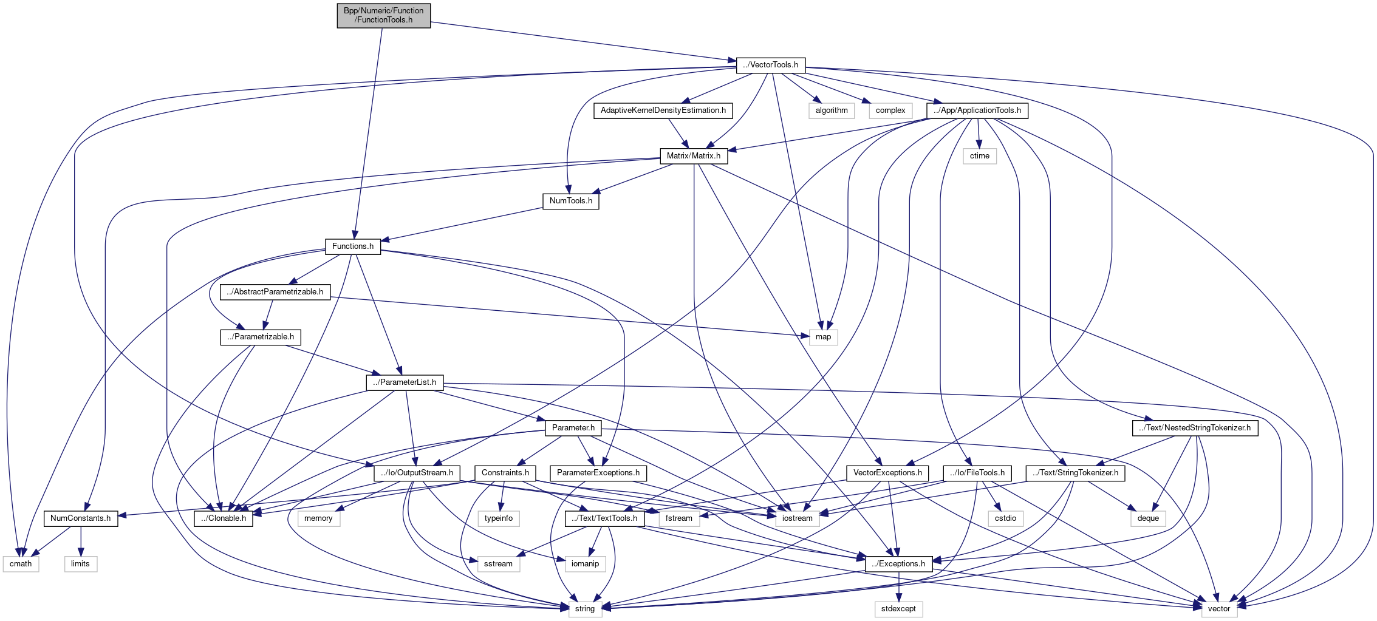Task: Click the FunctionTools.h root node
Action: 383,15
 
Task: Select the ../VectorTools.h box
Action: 770,65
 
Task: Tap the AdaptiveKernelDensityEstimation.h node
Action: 663,110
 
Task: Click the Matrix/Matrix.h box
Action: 693,156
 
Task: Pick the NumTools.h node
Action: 570,201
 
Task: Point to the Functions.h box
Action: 352,246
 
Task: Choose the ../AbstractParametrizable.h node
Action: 275,292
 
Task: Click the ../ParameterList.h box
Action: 405,382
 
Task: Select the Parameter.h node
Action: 573,428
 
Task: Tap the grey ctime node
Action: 979,156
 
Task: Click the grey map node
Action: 823,337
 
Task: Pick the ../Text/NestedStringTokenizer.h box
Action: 1195,428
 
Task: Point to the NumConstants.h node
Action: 80,518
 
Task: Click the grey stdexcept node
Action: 898,609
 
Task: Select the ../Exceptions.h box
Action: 898,564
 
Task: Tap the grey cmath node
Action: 21,564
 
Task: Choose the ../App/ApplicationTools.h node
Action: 977,110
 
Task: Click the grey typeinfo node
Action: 499,518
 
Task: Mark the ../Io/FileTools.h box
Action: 977,473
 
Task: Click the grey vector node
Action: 1218,609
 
